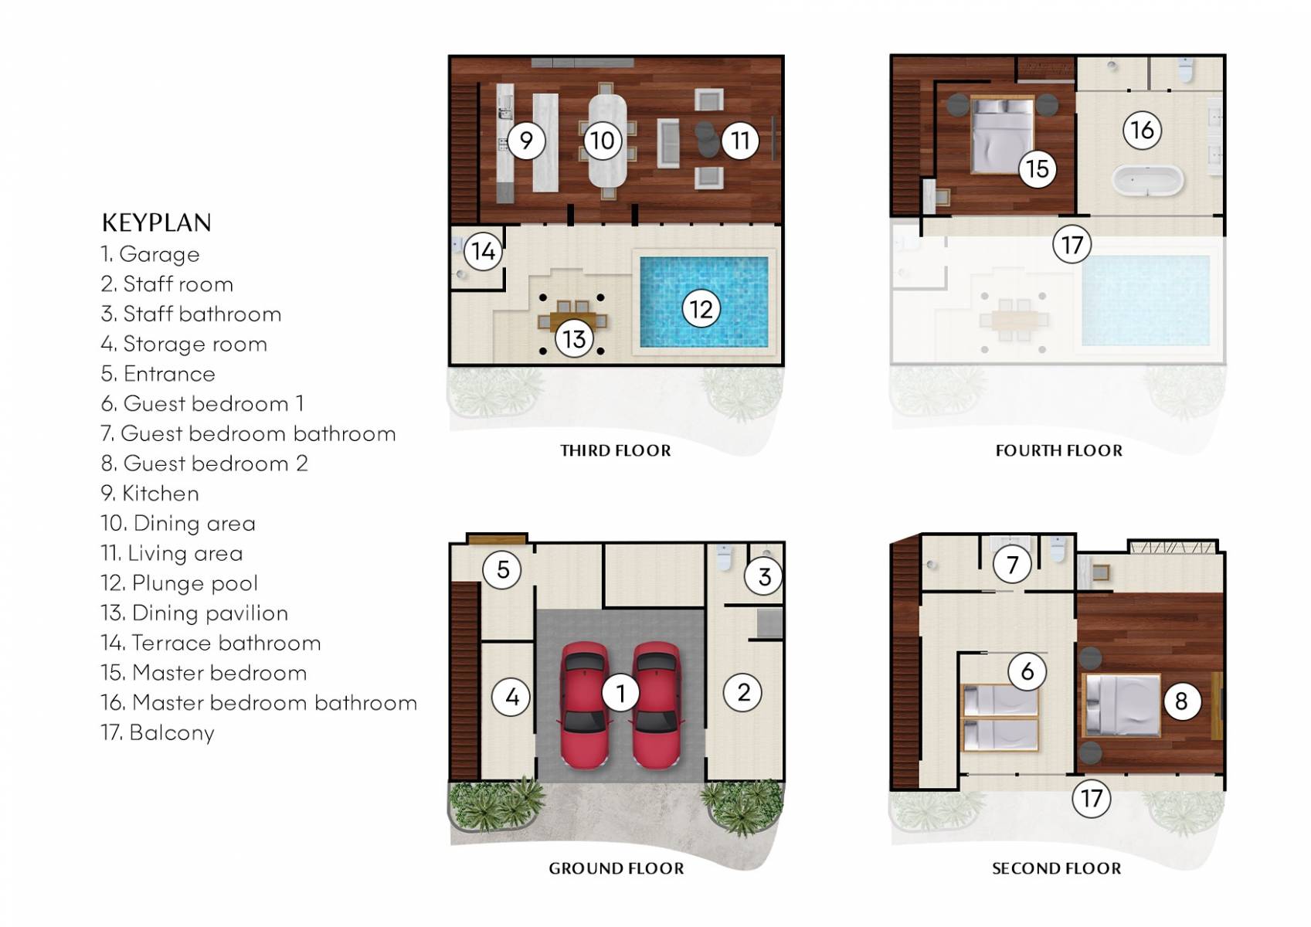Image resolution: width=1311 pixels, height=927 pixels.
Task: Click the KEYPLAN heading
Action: coord(156,222)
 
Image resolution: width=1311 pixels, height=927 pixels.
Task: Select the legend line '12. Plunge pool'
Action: coord(179,583)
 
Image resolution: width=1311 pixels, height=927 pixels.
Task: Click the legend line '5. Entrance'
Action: coord(158,374)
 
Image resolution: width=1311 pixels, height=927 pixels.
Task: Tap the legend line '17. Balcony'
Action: coord(158,732)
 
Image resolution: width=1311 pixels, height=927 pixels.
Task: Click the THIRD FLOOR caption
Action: coord(616,450)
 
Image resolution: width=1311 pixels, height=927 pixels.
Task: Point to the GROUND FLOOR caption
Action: coord(616,868)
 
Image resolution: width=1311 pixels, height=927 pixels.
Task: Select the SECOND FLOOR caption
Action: coord(1056,868)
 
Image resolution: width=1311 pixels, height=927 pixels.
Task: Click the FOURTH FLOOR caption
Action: coord(1058,450)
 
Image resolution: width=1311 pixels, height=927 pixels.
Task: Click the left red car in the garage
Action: coord(583,705)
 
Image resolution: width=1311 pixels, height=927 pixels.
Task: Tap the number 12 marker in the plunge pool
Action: coord(701,309)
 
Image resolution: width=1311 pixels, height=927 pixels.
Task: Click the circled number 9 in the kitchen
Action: coord(526,141)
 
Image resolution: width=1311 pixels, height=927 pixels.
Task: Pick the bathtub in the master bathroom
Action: coord(1147,182)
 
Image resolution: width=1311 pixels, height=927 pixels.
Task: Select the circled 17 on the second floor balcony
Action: coord(1091,798)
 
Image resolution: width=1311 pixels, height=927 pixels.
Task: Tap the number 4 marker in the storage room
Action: coord(511,697)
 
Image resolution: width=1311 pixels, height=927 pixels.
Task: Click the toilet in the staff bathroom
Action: coord(724,558)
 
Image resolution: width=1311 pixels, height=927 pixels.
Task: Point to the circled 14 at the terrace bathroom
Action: coord(484,250)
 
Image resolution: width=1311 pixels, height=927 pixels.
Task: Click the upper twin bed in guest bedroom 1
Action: coord(1000,700)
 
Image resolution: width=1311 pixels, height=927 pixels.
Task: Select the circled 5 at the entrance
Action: coord(502,569)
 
